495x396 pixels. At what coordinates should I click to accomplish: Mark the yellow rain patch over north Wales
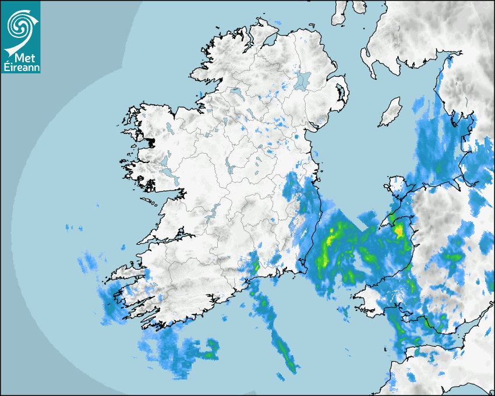tap(398, 231)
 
